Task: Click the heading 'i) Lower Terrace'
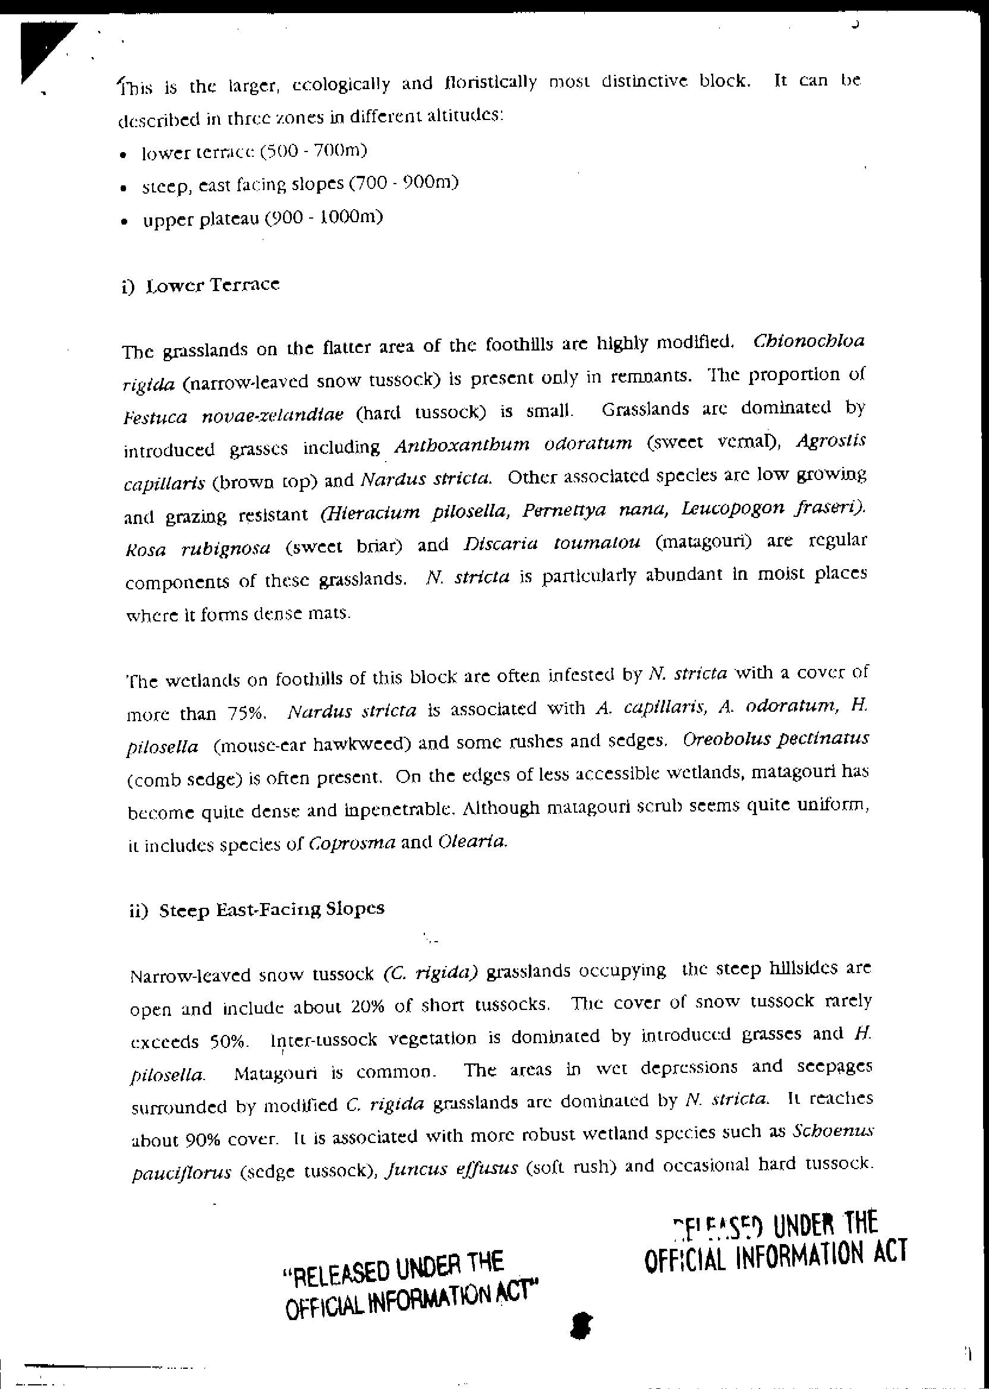pos(201,285)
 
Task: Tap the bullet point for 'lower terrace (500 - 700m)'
pos(124,155)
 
